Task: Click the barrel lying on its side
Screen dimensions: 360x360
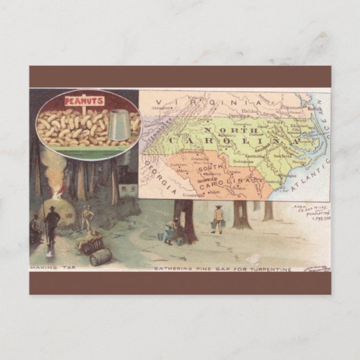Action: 101,256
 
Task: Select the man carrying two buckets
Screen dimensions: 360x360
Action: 218,219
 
